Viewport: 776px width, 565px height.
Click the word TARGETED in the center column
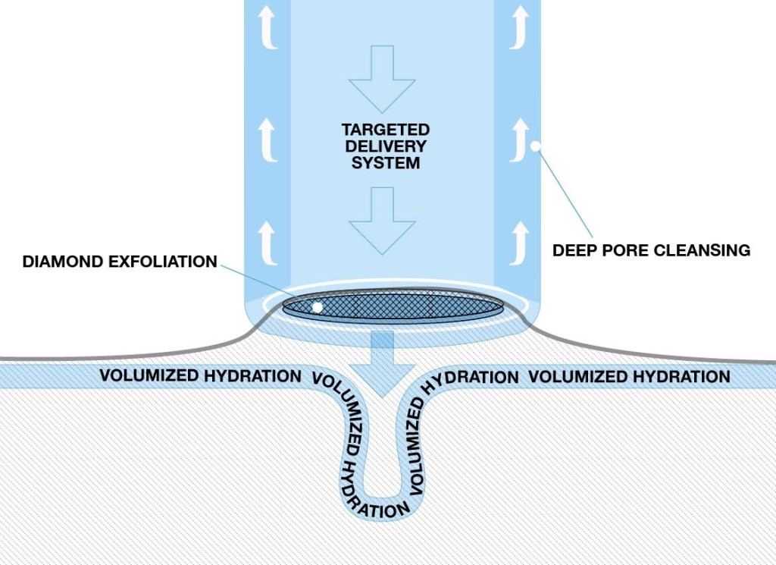[x=386, y=130]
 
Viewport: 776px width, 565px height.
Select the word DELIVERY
[x=386, y=146]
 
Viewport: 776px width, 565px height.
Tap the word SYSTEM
[x=386, y=163]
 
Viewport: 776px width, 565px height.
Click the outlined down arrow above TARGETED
[x=382, y=79]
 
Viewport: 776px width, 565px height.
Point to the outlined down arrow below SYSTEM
[x=382, y=221]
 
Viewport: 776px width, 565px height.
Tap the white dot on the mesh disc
[x=318, y=307]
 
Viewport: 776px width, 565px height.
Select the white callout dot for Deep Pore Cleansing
[x=536, y=146]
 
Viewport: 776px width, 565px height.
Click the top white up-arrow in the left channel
[x=268, y=27]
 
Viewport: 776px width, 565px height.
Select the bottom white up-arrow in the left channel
[x=268, y=243]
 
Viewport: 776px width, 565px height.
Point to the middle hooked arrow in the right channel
[x=519, y=140]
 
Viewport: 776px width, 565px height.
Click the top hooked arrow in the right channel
[x=519, y=27]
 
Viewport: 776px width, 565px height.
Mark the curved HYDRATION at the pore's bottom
[x=372, y=500]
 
